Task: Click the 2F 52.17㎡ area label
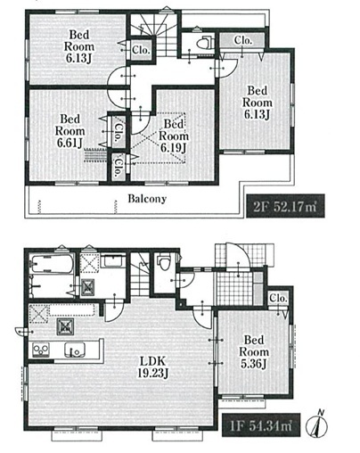285,206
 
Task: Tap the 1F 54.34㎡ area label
261,425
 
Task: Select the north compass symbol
317,424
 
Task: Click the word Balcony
147,199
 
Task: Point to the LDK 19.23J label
152,367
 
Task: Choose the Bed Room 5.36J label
254,351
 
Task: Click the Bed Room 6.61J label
70,131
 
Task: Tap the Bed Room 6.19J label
174,136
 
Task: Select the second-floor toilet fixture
206,43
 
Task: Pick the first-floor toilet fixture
164,262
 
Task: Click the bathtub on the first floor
52,263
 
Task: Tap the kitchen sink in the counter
74,350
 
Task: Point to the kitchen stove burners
41,350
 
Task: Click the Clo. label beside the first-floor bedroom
278,298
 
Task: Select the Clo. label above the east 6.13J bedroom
243,40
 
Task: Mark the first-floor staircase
140,274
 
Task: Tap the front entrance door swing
238,256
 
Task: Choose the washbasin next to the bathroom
113,261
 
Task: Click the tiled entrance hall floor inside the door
234,288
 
